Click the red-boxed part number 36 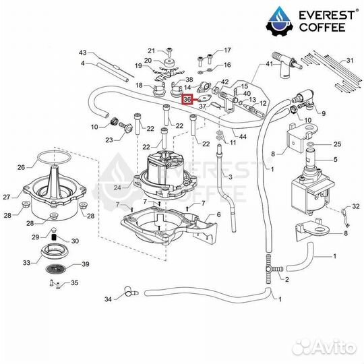click(187, 100)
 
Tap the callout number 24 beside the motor click(117, 187)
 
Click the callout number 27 click(7, 197)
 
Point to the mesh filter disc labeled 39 click(55, 269)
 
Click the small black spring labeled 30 click(55, 237)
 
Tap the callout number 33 click(27, 263)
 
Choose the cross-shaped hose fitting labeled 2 click(272, 269)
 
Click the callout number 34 click(108, 299)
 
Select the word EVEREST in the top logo click(327, 16)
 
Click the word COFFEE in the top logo click(322, 27)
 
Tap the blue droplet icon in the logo click(280, 20)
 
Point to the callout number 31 click(350, 61)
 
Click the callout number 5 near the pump click(336, 160)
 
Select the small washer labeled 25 click(310, 145)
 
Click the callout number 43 click(83, 53)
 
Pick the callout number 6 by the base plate click(218, 215)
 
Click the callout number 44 click(243, 136)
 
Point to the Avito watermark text click(324, 348)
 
